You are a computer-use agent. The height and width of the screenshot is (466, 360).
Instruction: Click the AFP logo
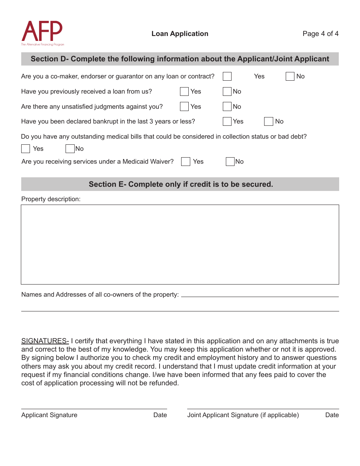42,33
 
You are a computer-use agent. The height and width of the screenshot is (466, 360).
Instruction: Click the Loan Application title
180,34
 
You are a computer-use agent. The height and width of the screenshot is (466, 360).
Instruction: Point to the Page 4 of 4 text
320,34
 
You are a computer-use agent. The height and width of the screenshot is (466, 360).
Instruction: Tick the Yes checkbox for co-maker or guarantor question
227,77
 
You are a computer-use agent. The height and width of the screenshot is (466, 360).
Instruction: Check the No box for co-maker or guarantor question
290,77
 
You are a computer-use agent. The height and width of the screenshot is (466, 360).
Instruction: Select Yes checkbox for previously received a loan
185,92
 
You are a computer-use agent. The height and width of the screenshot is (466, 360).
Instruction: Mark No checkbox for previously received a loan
227,92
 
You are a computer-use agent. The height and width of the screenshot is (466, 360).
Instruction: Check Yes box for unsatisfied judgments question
185,107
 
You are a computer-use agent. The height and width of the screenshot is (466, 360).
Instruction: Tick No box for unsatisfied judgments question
227,107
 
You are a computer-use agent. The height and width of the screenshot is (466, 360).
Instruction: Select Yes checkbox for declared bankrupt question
227,122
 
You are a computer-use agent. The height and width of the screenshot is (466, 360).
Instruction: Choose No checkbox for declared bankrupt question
269,122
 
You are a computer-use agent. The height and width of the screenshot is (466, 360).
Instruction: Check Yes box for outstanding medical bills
26,149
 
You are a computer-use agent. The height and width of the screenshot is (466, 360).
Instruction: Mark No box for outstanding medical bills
70,149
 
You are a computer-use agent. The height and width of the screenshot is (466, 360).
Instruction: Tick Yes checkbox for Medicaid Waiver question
186,162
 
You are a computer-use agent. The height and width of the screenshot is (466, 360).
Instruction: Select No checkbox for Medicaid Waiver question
230,162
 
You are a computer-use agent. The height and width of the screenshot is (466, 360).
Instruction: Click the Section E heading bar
180,185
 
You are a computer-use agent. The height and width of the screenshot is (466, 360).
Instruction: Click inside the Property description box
180,244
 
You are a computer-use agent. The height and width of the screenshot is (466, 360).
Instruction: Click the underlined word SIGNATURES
45,341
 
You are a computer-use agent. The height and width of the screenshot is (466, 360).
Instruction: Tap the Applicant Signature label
49,415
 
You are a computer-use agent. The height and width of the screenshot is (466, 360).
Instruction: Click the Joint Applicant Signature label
243,415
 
